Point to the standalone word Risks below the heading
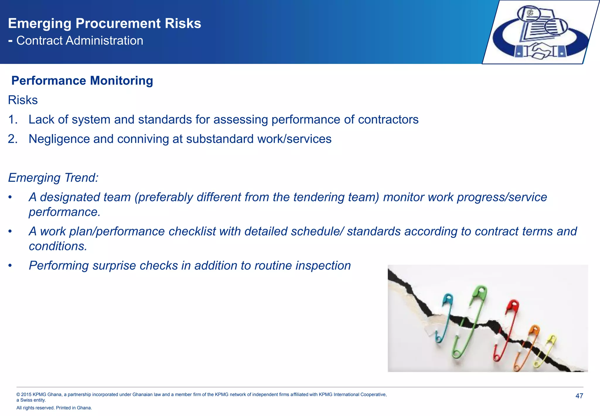tap(23, 100)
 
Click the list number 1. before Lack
tap(13, 120)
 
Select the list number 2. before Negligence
tap(13, 139)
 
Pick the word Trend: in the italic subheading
tap(81, 178)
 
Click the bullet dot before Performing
tap(10, 266)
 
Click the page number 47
tap(579, 396)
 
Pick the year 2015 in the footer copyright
tap(26, 395)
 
